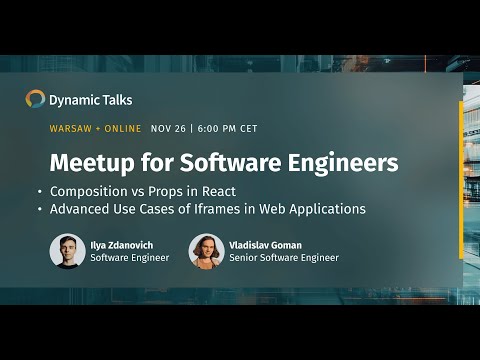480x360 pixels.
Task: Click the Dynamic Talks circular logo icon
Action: tap(36, 99)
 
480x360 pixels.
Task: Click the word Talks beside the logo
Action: tap(115, 100)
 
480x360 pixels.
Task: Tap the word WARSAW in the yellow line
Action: tap(71, 129)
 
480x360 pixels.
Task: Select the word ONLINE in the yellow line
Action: tap(123, 129)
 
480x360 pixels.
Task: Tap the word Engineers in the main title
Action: tap(344, 162)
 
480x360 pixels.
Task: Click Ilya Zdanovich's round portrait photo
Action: tap(67, 250)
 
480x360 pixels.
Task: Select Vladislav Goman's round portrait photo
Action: tap(206, 250)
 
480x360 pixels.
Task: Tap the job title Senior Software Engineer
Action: tap(285, 258)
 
